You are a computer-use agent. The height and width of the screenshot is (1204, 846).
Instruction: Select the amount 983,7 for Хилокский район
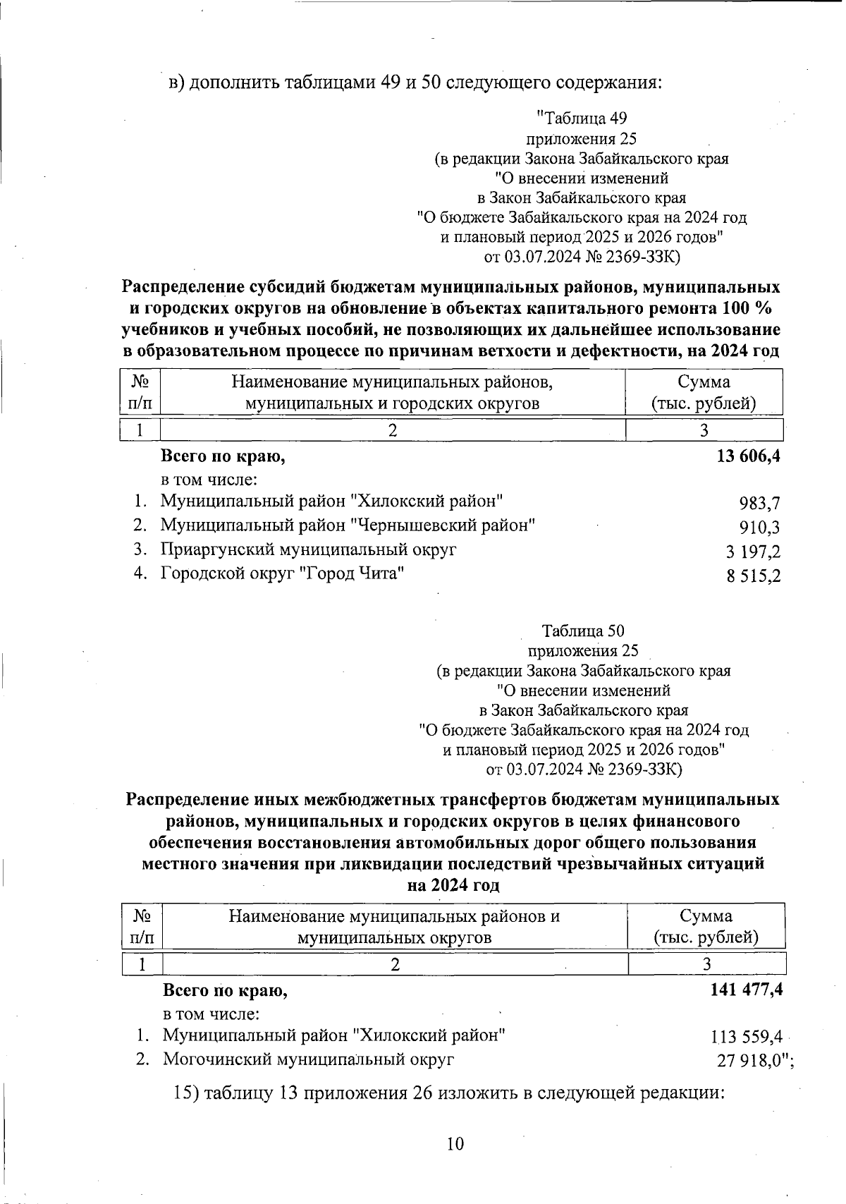[759, 504]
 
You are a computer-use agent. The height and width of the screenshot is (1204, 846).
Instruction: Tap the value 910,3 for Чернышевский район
[759, 528]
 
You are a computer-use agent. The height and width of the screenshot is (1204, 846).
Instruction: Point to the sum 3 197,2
[754, 552]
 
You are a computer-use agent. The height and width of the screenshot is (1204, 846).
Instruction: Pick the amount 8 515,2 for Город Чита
[754, 576]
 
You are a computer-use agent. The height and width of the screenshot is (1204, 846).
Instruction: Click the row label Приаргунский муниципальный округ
[308, 549]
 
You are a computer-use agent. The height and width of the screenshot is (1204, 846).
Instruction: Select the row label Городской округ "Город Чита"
[282, 573]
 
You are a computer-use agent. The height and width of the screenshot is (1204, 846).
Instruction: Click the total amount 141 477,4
[747, 990]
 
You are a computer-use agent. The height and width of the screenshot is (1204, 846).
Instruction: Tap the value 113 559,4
[747, 1037]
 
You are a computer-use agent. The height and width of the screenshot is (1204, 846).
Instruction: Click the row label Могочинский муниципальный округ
[308, 1059]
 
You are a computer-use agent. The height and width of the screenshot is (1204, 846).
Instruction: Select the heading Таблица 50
[582, 631]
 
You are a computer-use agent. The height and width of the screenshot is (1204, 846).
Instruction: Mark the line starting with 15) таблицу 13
[449, 1093]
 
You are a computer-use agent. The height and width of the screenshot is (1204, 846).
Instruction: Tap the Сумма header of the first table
[704, 382]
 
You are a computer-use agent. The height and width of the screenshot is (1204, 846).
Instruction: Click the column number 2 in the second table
[396, 964]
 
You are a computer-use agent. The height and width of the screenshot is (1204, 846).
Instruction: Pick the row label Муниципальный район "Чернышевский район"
[348, 525]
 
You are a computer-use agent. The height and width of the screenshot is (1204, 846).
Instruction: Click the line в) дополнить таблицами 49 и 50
[415, 83]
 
